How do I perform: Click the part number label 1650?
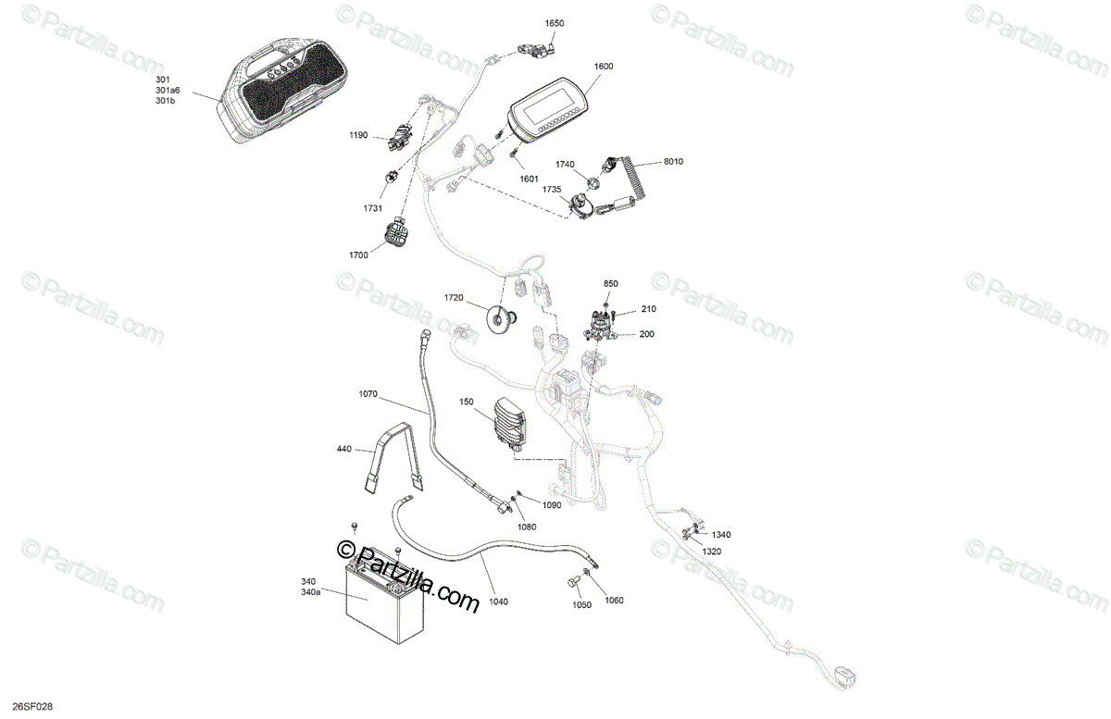pyautogui.click(x=554, y=22)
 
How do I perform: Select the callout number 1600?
pyautogui.click(x=604, y=67)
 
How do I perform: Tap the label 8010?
pyautogui.click(x=673, y=162)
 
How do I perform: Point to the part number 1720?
pyautogui.click(x=453, y=298)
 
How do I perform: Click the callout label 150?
pyautogui.click(x=466, y=402)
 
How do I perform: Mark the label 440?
pyautogui.click(x=343, y=450)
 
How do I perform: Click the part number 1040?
pyautogui.click(x=498, y=601)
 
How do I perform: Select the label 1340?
pyautogui.click(x=721, y=535)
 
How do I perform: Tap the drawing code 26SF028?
pyautogui.click(x=26, y=707)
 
